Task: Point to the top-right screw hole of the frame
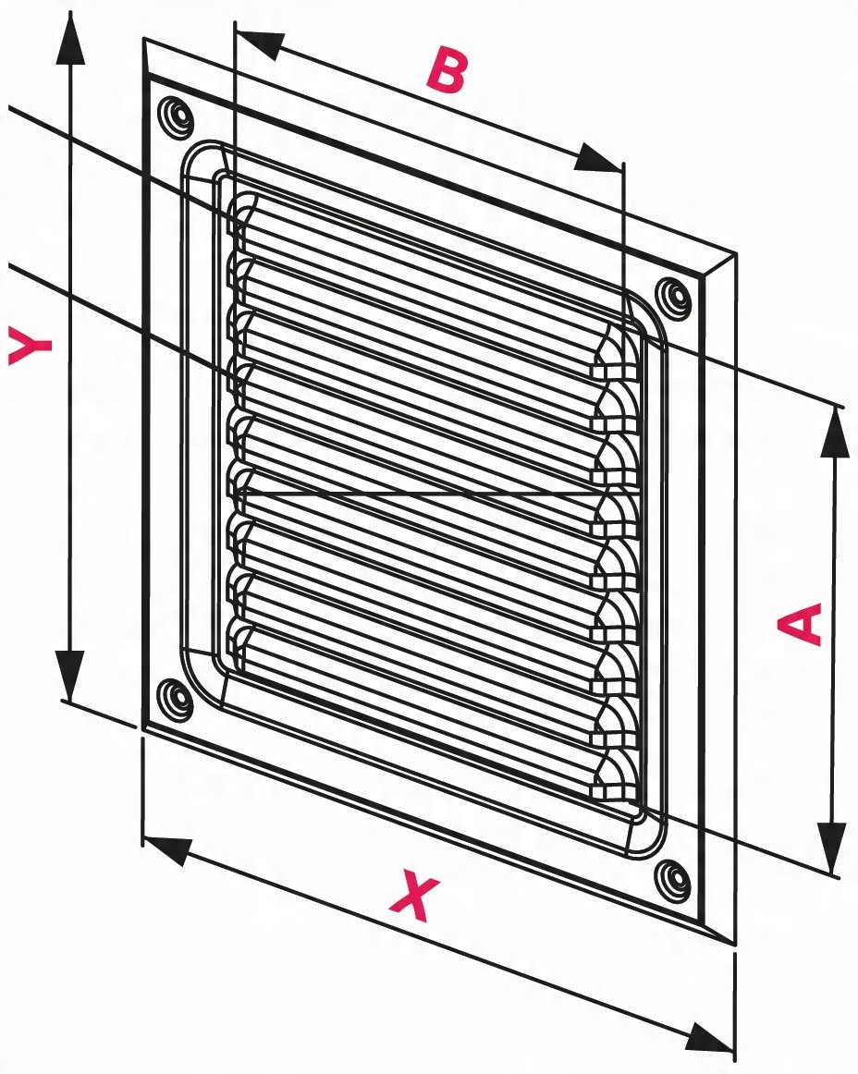click(673, 296)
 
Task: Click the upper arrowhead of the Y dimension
click(70, 39)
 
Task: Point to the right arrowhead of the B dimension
click(598, 158)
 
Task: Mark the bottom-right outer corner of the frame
click(735, 946)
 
